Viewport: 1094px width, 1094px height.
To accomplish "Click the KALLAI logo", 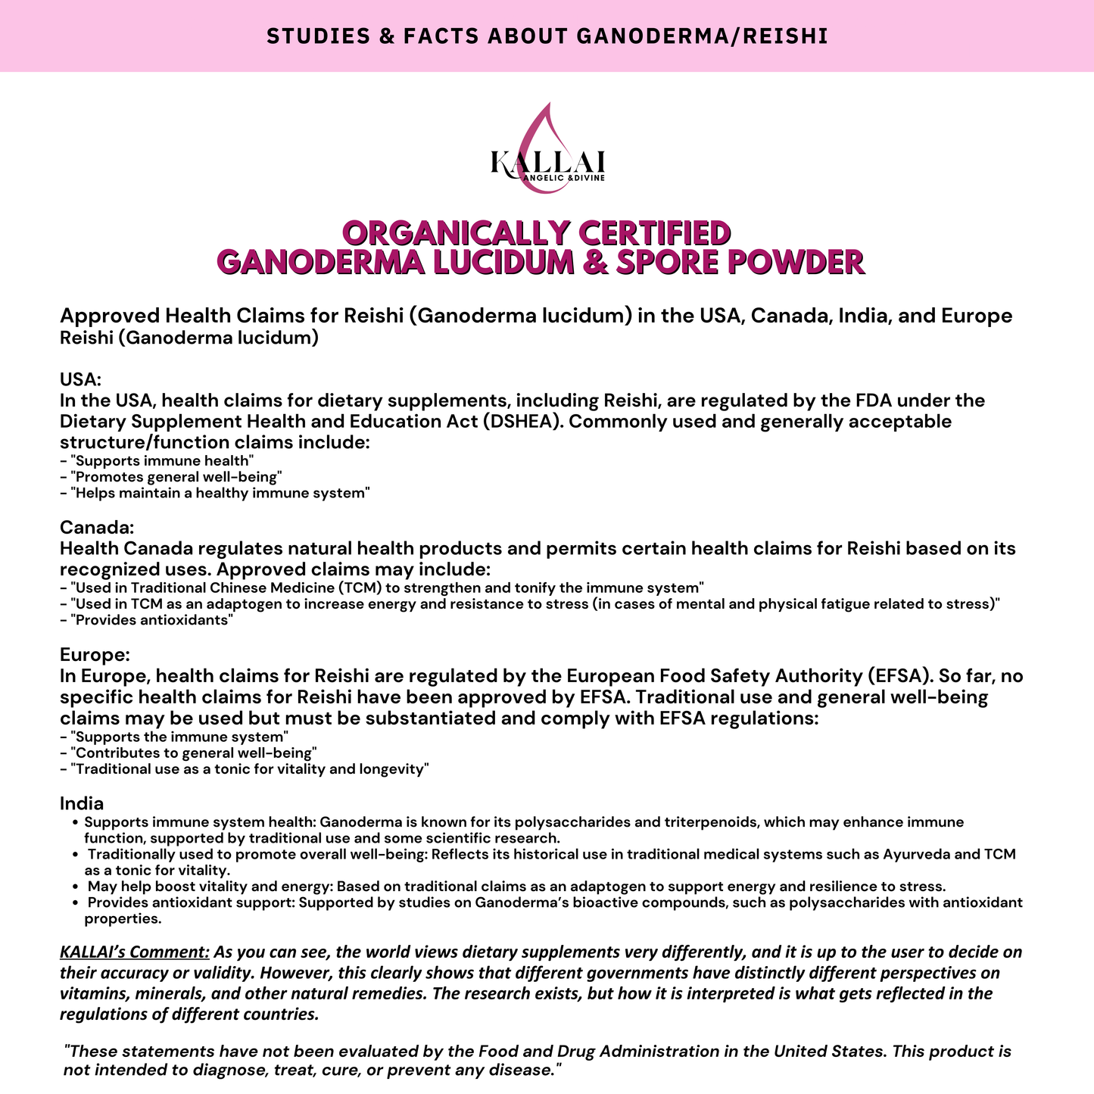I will (547, 151).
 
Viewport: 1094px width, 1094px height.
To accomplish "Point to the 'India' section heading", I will (82, 803).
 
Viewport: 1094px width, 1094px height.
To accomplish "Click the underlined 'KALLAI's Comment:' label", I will (135, 952).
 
